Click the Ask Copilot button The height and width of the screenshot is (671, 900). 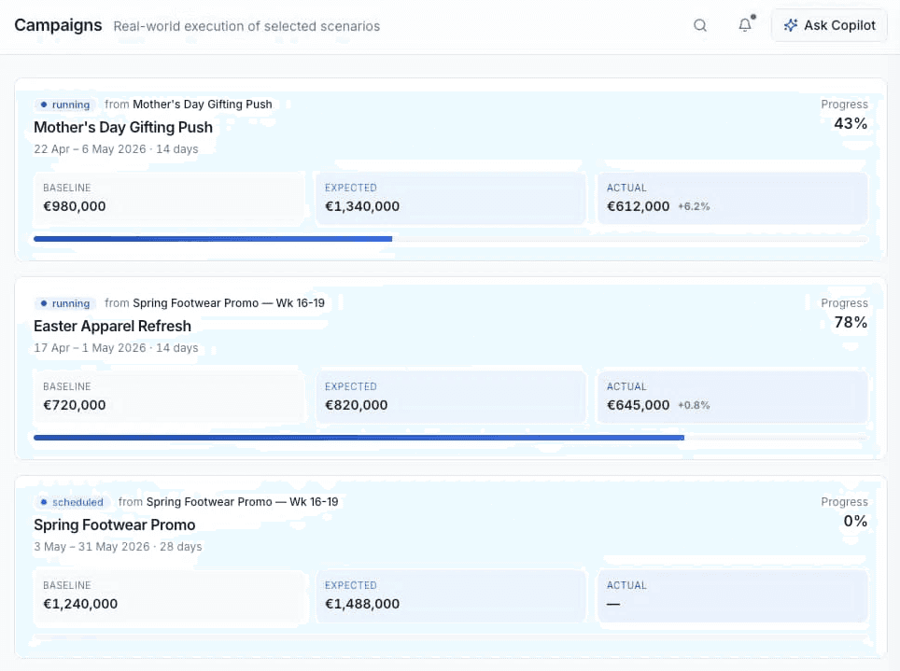point(829,25)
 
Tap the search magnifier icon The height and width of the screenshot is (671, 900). point(699,25)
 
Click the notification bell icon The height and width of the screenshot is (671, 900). point(745,24)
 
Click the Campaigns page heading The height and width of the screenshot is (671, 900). point(58,25)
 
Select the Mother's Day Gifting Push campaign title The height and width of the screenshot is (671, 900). point(123,127)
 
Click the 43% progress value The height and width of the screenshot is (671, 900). point(851,123)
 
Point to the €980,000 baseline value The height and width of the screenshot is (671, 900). point(75,206)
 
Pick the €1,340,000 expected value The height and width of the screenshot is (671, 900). point(362,206)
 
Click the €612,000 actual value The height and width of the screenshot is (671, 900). point(639,206)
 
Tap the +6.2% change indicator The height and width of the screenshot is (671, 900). point(694,206)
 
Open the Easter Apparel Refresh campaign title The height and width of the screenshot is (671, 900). point(112,326)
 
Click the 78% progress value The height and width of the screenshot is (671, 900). point(851,322)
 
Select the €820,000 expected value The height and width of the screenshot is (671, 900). point(357,405)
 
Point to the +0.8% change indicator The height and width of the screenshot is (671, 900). point(694,405)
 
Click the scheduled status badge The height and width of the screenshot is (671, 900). point(72,502)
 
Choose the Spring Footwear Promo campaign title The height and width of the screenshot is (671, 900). point(114,524)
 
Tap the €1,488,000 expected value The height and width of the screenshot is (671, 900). point(362,604)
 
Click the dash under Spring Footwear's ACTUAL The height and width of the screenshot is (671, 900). point(613,604)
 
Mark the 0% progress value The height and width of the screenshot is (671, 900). point(855,521)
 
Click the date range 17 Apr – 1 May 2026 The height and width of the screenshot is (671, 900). point(91,348)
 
